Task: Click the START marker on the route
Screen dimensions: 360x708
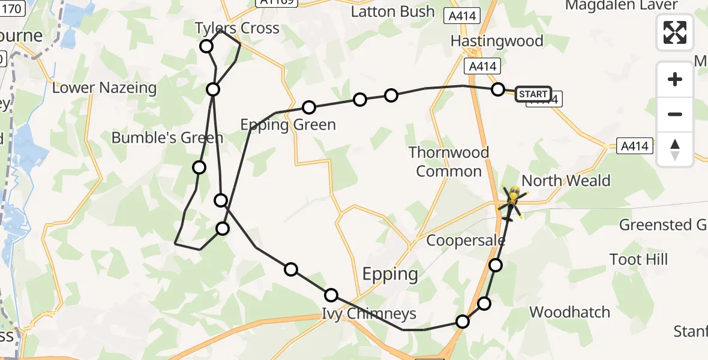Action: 533,94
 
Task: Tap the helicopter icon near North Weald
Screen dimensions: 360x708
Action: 513,197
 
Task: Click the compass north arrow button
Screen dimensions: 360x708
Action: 675,149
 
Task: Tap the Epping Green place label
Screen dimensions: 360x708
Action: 288,125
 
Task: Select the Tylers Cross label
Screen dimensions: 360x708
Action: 237,28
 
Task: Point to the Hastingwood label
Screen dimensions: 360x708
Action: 497,41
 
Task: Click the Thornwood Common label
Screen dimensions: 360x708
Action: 449,161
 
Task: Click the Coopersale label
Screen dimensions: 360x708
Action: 466,241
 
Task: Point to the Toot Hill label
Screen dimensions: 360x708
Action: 638,260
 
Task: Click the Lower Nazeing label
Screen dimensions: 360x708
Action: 104,88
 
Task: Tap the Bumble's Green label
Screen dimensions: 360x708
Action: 167,138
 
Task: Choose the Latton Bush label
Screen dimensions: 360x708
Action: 392,11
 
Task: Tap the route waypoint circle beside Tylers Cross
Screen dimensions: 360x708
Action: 206,46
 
